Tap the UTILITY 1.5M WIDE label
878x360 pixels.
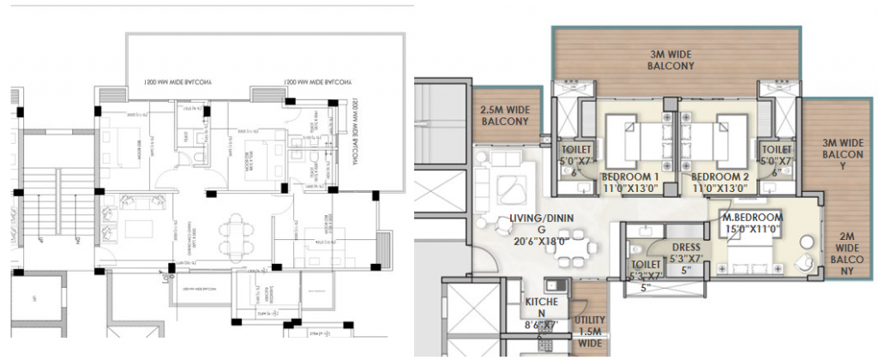pyautogui.click(x=589, y=331)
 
